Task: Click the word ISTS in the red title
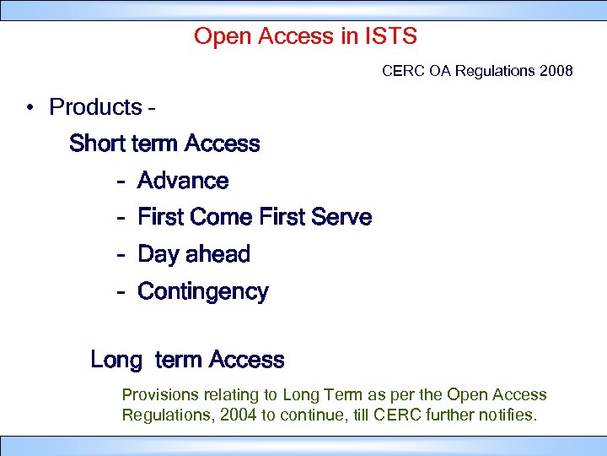click(390, 36)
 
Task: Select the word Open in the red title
click(217, 36)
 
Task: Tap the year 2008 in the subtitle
click(555, 71)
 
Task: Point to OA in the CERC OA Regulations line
click(440, 71)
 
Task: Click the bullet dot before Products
click(29, 108)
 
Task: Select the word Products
click(95, 107)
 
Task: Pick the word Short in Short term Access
click(96, 144)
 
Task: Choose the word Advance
click(183, 181)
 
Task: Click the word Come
click(223, 217)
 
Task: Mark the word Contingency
click(202, 292)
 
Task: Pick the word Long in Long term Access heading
click(115, 360)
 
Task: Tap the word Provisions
click(158, 394)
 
